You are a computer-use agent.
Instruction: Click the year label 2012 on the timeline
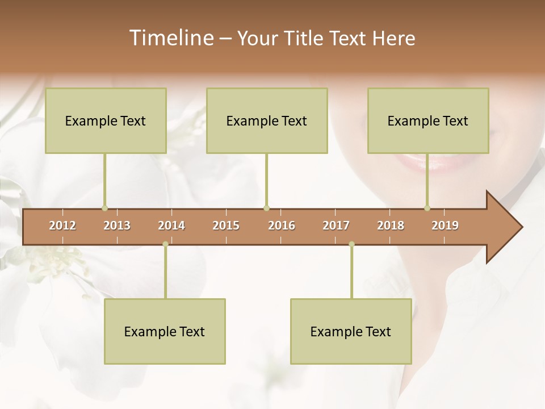tap(62, 226)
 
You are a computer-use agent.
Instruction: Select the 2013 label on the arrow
tap(117, 226)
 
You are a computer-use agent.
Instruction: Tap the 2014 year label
tap(171, 226)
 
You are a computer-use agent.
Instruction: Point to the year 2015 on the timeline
tap(226, 226)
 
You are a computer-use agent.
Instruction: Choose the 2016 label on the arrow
tap(282, 226)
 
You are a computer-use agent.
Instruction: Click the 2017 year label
tap(336, 226)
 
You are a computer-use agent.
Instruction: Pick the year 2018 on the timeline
tap(391, 226)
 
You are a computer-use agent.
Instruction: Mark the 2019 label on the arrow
tap(445, 226)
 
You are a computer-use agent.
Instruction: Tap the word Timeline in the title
tap(170, 38)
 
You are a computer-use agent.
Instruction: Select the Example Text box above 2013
tap(106, 120)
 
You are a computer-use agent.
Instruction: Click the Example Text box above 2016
tap(267, 120)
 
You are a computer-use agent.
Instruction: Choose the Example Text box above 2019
tap(428, 120)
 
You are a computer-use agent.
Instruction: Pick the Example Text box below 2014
tap(165, 331)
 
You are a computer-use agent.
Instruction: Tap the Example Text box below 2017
tap(351, 331)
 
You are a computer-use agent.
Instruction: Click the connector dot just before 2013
tap(104, 208)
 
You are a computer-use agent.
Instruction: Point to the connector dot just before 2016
tap(266, 208)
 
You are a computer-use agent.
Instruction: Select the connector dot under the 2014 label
tap(165, 244)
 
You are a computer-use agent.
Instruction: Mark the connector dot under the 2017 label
tap(351, 244)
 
